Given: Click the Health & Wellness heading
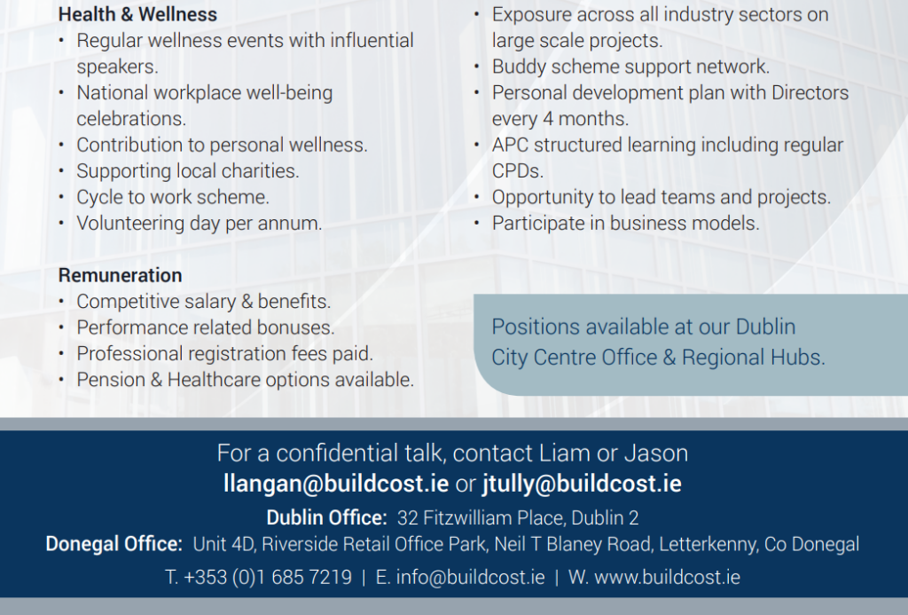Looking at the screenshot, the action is [x=137, y=14].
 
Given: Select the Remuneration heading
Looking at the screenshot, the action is [x=121, y=275].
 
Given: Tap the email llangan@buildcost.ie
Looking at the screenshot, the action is [x=336, y=484].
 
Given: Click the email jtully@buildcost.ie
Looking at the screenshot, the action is [x=582, y=484].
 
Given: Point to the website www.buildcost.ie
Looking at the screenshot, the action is [x=667, y=578].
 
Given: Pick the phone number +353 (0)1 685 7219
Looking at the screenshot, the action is [x=268, y=578].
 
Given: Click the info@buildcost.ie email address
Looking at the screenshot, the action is [x=470, y=578].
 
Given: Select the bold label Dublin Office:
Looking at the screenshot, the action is [x=326, y=517].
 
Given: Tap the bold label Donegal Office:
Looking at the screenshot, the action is [x=114, y=544].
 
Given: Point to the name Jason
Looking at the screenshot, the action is [x=656, y=453].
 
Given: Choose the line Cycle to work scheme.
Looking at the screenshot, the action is [x=173, y=197].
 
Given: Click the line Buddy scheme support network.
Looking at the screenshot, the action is [x=630, y=67].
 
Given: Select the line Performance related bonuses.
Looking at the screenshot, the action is [x=206, y=327].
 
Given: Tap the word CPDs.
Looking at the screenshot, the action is [x=518, y=171].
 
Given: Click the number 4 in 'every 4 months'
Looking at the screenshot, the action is [x=548, y=119].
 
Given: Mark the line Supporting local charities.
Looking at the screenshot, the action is [x=188, y=171].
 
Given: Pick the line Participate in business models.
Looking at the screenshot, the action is [x=625, y=223].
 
